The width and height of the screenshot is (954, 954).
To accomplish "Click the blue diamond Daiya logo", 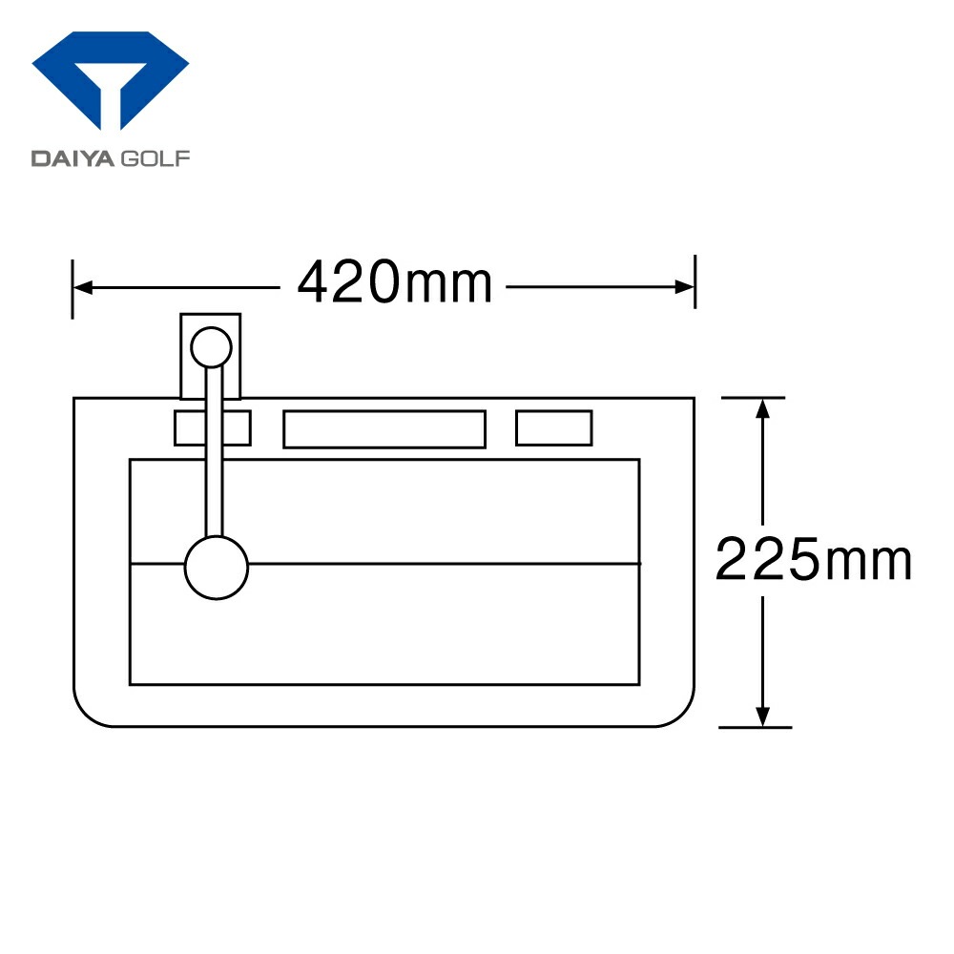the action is pos(110,80).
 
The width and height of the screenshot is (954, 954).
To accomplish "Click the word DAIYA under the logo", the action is pos(73,158).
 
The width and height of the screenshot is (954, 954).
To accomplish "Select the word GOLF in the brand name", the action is pos(156,158).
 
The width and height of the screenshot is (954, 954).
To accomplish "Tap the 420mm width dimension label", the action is pos(394,282).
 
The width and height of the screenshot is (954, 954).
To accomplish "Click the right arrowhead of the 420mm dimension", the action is pos(684,287).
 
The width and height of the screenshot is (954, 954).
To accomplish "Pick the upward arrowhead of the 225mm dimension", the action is pos(762,407).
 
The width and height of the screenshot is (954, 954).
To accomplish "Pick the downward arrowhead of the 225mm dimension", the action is pos(762,716).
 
